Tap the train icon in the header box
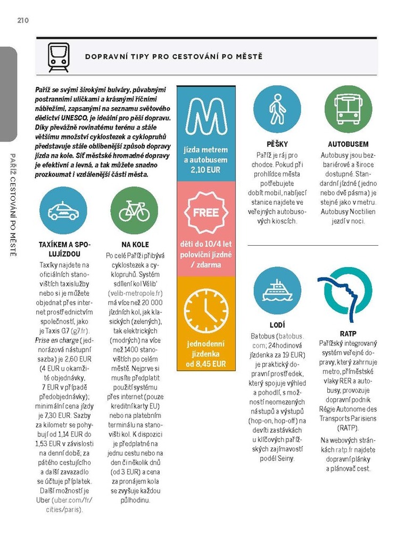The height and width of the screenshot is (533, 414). pos(59,57)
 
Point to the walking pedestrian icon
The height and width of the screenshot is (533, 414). pos(277,110)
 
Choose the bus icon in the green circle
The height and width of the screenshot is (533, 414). pos(348,110)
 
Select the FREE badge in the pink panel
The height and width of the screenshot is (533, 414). pos(206,213)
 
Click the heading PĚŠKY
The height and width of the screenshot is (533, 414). pos(277,144)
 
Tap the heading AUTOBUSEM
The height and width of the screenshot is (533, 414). pos(348,144)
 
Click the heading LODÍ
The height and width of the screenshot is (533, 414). pos(277,325)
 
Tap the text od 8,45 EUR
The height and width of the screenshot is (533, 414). pos(206,364)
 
